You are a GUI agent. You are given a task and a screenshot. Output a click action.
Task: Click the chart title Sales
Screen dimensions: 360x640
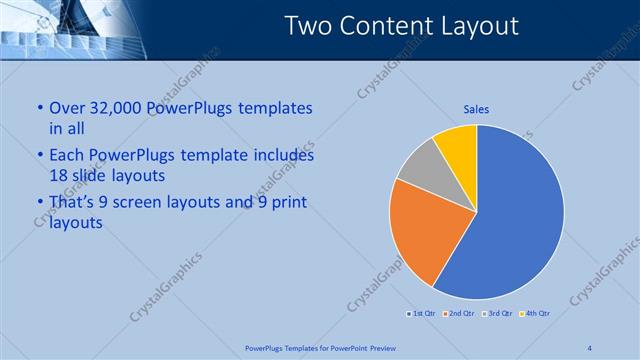pos(475,109)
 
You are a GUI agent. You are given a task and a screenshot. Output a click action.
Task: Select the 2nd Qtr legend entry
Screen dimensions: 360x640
pos(459,314)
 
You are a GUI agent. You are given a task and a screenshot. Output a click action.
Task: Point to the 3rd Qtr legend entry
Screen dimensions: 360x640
pos(498,314)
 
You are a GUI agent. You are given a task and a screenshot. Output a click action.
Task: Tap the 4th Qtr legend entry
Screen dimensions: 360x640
pos(536,314)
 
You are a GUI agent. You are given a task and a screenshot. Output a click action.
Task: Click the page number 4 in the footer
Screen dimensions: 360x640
pos(590,347)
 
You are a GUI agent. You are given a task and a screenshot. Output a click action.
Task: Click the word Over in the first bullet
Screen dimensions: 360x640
pos(67,108)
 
